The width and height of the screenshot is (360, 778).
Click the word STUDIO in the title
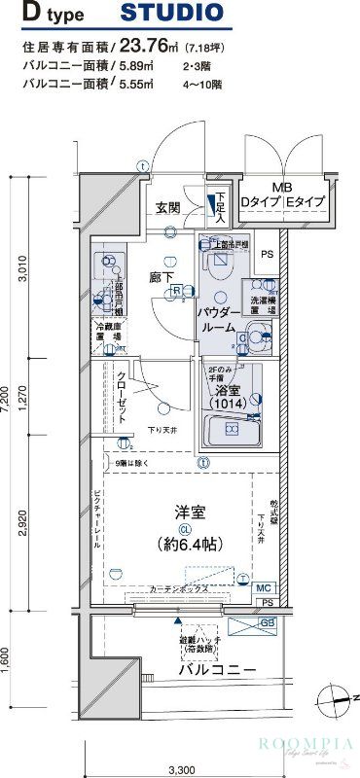click(171, 14)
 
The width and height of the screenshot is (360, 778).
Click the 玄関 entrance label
click(167, 207)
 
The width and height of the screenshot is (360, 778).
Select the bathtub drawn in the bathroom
click(229, 429)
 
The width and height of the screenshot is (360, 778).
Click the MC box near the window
click(264, 588)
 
